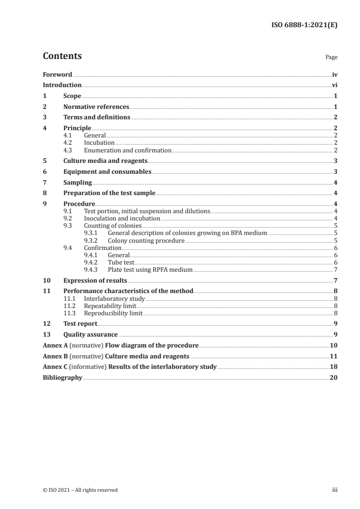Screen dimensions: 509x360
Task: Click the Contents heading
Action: coord(62,56)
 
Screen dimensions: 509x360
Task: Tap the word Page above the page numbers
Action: coord(331,58)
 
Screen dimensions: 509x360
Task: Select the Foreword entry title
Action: coord(57,74)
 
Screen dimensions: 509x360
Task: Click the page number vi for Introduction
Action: coord(334,85)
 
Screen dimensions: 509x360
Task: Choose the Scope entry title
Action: coord(72,96)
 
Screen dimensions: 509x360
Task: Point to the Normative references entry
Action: coord(96,107)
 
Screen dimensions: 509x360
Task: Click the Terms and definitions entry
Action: coord(97,117)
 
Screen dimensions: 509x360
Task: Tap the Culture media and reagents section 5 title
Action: coord(105,161)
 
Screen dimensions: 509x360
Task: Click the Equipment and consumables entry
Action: coord(107,171)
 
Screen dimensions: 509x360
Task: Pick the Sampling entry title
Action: coord(78,182)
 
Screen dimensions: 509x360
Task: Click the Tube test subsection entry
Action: coord(121,262)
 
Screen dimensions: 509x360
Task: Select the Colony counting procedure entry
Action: coord(146,240)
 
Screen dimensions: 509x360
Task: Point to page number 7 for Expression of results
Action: coord(335,280)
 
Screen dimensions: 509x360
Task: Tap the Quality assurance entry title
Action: coord(90,334)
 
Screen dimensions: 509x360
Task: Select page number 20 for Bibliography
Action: coord(333,377)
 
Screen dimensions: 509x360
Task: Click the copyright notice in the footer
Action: coord(80,489)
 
